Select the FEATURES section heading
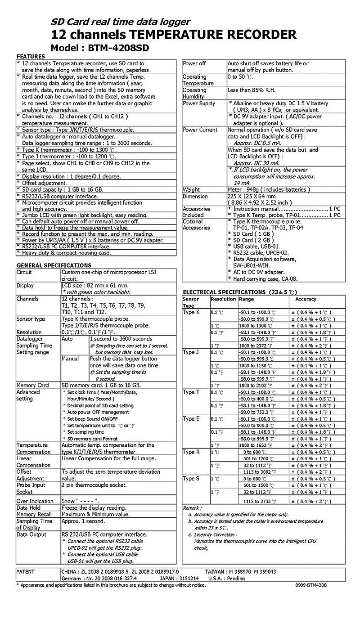click(x=31, y=56)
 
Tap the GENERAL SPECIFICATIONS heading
click(x=54, y=265)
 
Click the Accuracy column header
click(x=306, y=299)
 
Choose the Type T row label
click(x=191, y=392)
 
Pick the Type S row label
click(x=191, y=479)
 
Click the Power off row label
click(x=194, y=63)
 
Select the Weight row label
click(x=191, y=190)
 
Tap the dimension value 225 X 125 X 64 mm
click(x=251, y=196)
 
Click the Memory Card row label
click(x=32, y=386)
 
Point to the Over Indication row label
click(x=35, y=501)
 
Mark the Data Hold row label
click(x=28, y=507)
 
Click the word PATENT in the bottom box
click(x=26, y=571)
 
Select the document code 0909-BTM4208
click(x=311, y=585)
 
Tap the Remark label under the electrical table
click(x=192, y=507)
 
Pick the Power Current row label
click(x=200, y=130)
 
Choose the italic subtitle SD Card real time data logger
click(x=120, y=22)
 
